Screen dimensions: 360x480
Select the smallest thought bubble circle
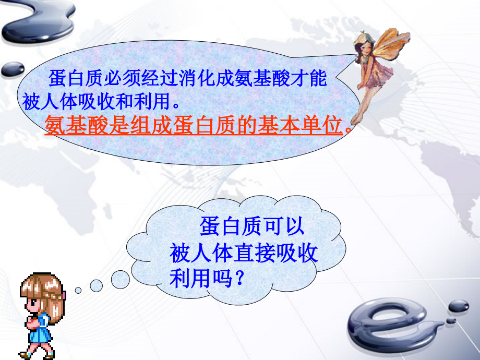coord(78,290)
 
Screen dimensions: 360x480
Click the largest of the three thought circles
coord(121,279)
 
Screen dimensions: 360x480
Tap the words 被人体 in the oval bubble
coord(47,102)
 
